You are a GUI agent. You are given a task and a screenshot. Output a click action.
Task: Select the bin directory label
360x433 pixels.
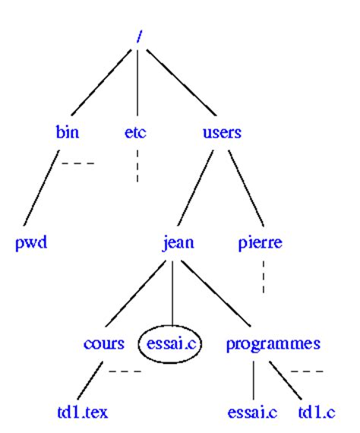[68, 131]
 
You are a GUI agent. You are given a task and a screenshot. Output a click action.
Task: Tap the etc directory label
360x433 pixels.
[135, 132]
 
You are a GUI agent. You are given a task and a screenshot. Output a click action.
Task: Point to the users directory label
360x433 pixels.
[222, 132]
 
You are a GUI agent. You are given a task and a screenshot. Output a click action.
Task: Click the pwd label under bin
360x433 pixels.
[31, 243]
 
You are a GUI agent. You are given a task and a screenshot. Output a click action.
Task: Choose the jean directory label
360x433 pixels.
[178, 243]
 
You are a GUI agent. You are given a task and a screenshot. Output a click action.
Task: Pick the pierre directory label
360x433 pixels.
[260, 243]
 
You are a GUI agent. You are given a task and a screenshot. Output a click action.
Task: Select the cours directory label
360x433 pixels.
[104, 343]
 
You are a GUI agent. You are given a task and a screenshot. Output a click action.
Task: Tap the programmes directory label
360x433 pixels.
[273, 344]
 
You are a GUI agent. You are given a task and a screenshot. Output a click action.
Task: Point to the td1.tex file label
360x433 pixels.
[82, 412]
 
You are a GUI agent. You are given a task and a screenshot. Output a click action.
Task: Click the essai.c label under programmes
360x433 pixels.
[252, 412]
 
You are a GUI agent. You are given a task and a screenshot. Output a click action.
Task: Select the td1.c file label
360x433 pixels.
[317, 412]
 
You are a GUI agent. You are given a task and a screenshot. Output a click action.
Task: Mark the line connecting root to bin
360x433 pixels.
[101, 82]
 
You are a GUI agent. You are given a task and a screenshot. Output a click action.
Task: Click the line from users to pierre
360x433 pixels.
[246, 188]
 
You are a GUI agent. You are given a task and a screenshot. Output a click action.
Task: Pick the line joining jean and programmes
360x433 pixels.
[216, 293]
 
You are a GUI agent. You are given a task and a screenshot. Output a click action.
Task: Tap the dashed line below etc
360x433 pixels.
[137, 166]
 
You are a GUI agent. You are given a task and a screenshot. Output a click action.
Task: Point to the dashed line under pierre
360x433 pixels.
[264, 277]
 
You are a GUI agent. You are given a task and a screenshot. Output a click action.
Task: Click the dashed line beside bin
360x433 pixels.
[78, 163]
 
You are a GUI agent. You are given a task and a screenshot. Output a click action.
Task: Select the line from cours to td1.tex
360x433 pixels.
[90, 381]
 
